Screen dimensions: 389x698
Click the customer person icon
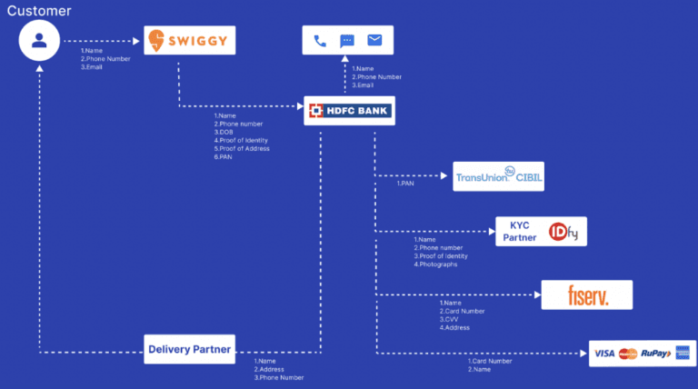tap(39, 40)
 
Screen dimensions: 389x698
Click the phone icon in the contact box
tap(320, 41)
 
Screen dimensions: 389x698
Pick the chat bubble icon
tap(346, 41)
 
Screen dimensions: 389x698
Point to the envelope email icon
tap(374, 40)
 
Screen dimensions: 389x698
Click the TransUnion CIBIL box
tap(499, 176)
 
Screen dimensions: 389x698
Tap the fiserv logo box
tap(586, 294)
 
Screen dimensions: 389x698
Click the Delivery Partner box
tap(189, 349)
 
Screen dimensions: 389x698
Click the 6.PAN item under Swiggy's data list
tap(224, 157)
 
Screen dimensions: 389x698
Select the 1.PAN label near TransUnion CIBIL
tap(406, 183)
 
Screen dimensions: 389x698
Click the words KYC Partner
tap(522, 232)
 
